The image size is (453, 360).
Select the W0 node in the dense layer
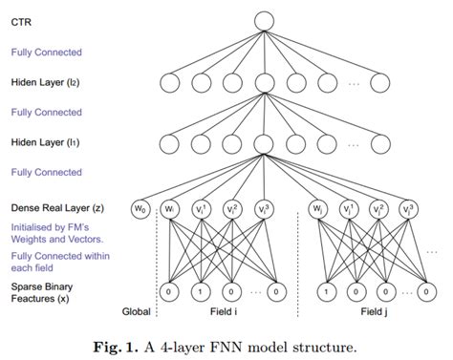[x=141, y=209]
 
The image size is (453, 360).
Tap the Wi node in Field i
[x=173, y=209]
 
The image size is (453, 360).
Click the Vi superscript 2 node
[x=232, y=209]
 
